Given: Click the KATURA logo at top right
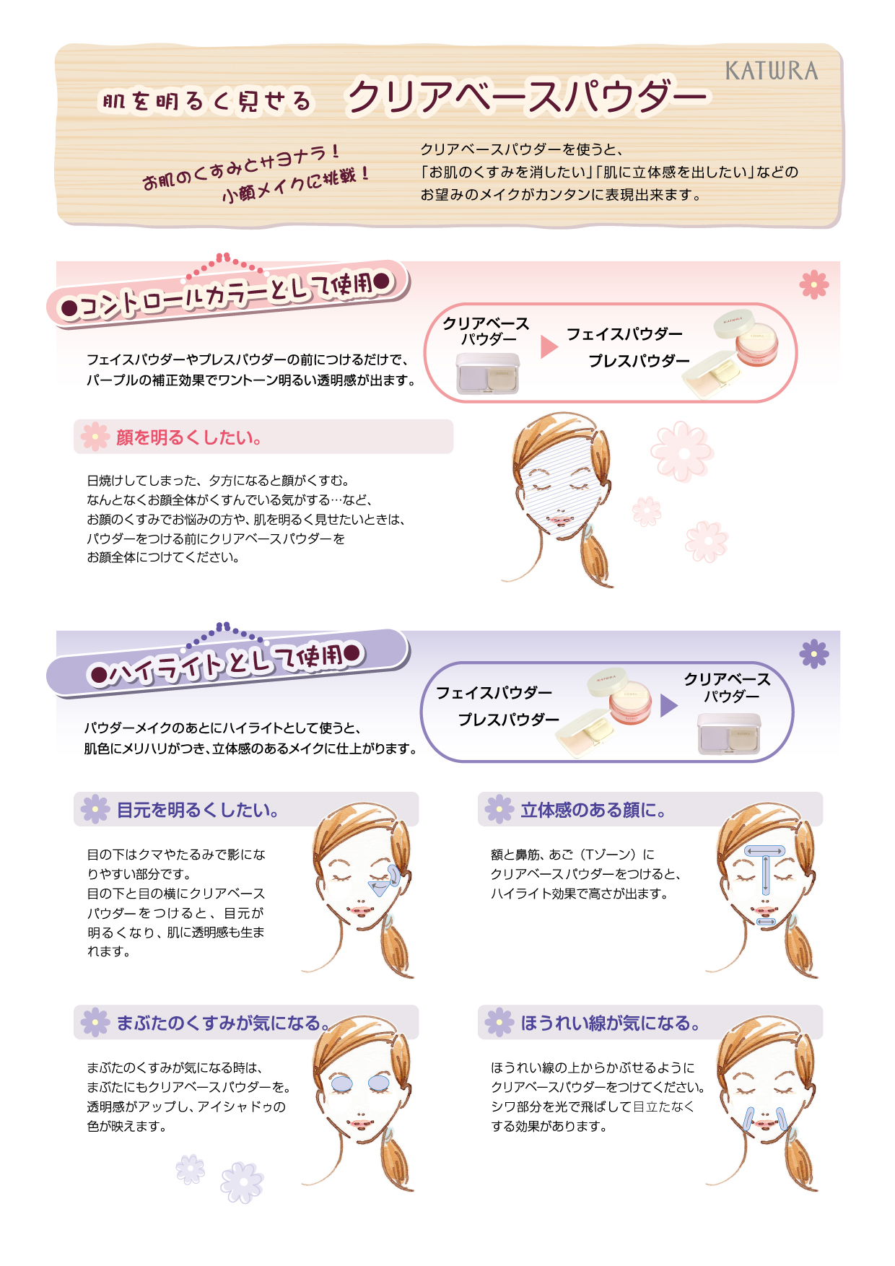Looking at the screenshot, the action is click(x=772, y=71).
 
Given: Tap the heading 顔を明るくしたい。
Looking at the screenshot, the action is click(x=189, y=437).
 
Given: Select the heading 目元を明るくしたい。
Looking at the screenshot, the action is click(x=198, y=810).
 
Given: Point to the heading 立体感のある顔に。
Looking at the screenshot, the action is click(x=593, y=810).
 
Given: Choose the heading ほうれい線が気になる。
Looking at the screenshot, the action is click(x=611, y=1023).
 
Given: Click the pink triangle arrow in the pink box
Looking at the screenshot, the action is click(x=549, y=347).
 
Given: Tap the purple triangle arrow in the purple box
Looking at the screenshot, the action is click(x=669, y=705).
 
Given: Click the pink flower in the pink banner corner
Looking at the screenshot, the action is click(x=813, y=284).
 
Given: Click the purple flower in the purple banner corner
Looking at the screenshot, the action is click(x=813, y=654).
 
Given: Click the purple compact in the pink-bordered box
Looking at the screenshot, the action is click(x=488, y=373).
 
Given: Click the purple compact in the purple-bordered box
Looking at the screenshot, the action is click(x=729, y=734).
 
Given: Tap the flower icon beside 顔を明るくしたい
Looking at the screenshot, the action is click(x=95, y=437).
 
